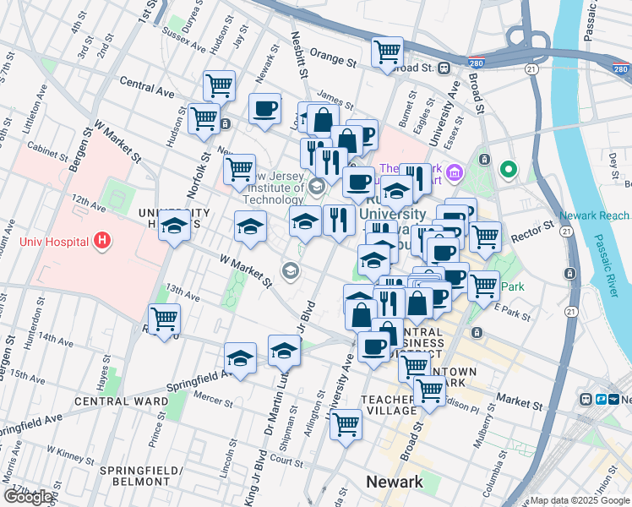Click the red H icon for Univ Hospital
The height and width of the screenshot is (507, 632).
[x=102, y=243]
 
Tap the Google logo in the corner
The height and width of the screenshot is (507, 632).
[x=27, y=496]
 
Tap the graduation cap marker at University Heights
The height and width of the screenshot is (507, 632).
[x=175, y=226]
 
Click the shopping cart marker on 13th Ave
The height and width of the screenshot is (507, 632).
[x=165, y=319]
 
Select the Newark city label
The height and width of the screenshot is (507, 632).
[x=394, y=482]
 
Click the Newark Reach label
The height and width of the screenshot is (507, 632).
[x=594, y=215]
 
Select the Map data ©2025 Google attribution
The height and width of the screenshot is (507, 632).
[x=579, y=499]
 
